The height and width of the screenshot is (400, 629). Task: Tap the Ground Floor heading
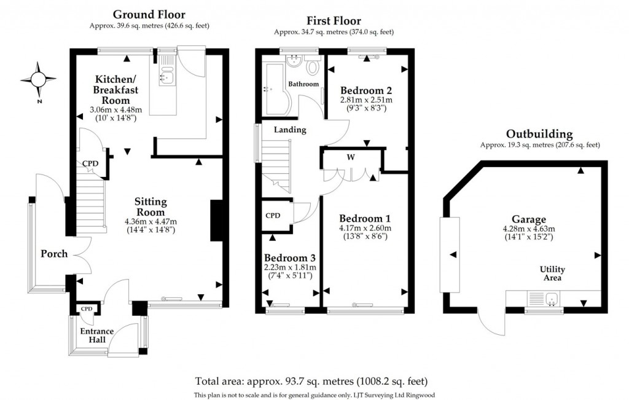tap(149, 15)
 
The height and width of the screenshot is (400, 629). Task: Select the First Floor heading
tap(334, 21)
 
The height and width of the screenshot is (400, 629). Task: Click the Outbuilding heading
tap(539, 133)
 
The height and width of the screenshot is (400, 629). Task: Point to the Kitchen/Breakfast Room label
tap(115, 90)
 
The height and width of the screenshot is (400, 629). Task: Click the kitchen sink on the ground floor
tap(166, 75)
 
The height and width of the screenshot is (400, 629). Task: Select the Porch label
tap(53, 253)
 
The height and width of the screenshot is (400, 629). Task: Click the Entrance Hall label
tap(95, 335)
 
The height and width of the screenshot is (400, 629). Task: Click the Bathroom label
tap(304, 84)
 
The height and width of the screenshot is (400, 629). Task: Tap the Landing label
tap(290, 130)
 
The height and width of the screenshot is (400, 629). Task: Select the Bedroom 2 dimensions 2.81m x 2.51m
tap(366, 100)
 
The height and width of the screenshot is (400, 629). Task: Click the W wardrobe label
tap(351, 157)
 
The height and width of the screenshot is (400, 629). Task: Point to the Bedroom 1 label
tap(365, 218)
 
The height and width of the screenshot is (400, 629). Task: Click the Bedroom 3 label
tap(290, 257)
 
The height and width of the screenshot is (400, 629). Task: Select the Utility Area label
tap(552, 274)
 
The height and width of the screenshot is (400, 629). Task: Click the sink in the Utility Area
tap(552, 300)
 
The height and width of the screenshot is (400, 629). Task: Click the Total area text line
tap(311, 380)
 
